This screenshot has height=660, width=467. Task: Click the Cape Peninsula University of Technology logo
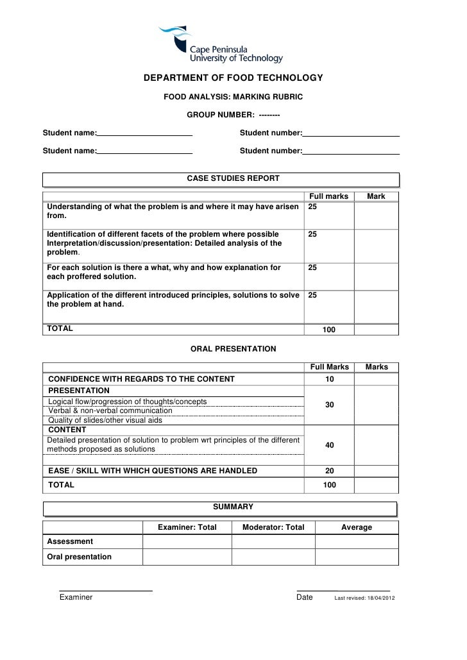(221, 44)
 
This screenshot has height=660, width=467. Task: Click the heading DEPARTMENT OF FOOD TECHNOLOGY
(233, 78)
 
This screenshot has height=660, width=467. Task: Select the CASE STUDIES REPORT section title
(233, 178)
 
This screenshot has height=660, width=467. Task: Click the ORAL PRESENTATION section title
(234, 349)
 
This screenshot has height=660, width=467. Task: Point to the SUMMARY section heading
(233, 507)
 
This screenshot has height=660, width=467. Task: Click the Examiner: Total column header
(187, 527)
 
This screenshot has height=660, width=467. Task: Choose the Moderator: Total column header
(273, 527)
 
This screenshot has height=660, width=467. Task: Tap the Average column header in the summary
(357, 527)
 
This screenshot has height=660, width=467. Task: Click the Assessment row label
(70, 541)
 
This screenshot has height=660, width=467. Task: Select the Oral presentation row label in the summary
(80, 557)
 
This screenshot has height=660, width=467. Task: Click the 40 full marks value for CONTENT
(330, 445)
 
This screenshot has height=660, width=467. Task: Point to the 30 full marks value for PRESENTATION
(330, 405)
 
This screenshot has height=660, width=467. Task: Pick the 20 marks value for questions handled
(330, 471)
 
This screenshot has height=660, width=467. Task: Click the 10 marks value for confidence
(330, 380)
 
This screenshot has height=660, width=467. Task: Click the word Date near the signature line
(305, 597)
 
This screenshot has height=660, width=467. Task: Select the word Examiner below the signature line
(76, 597)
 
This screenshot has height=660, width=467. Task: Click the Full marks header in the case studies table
(329, 196)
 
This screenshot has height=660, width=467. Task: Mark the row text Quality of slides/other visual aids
(106, 420)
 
